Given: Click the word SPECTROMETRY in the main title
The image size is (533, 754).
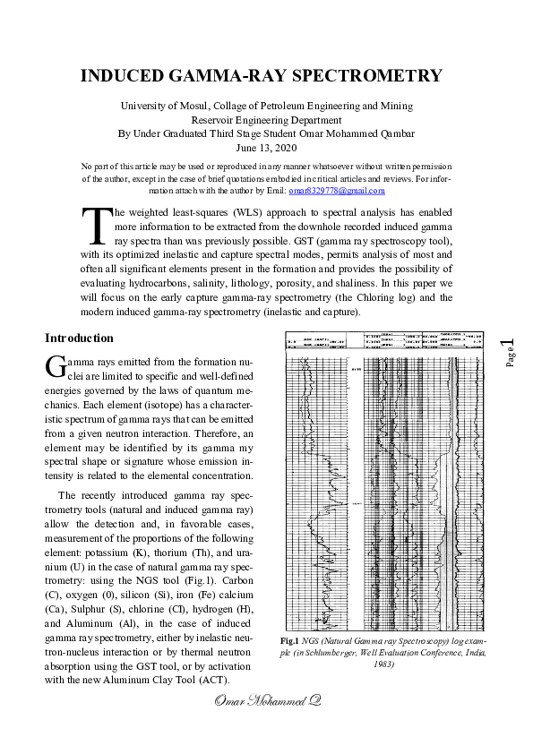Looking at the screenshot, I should [x=369, y=75].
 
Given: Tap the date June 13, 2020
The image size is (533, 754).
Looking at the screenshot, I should [x=266, y=148].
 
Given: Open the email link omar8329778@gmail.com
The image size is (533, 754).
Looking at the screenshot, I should [x=337, y=191].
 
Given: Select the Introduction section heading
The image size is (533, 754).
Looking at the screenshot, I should [x=79, y=338].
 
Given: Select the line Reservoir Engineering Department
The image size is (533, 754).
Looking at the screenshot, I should [x=266, y=120].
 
